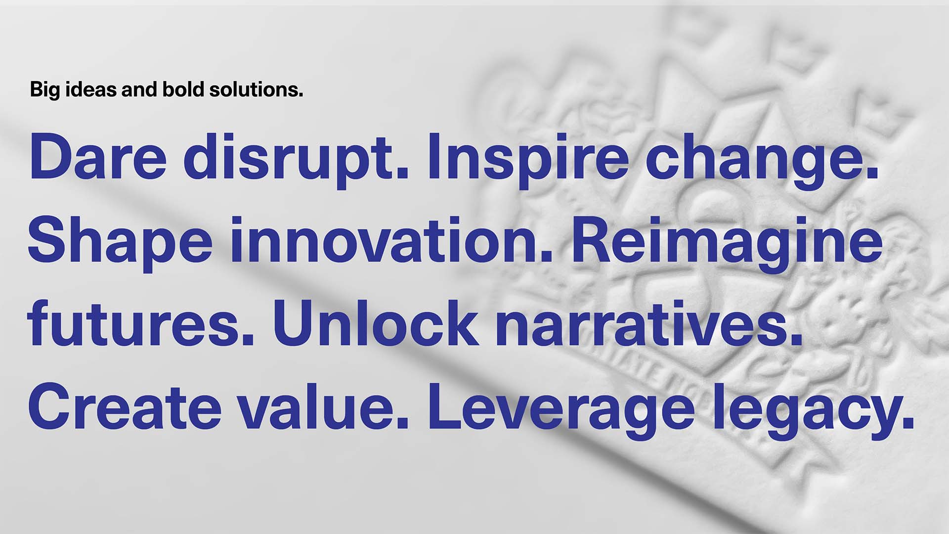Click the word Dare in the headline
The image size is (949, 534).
tap(98, 157)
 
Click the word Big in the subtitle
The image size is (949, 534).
tap(45, 90)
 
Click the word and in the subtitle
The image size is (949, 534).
tap(140, 89)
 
